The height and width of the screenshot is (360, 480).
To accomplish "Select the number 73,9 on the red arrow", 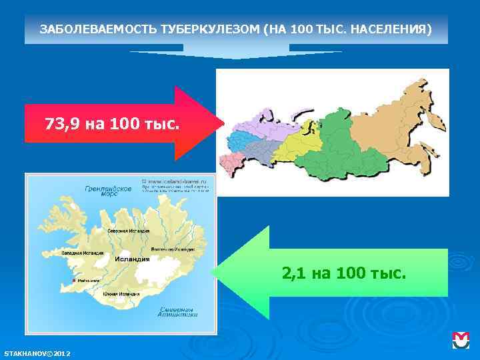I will pos(63,124).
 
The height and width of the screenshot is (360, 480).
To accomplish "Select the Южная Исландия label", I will pos(121,293).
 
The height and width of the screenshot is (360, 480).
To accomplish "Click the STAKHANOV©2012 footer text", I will pos(37,351).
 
